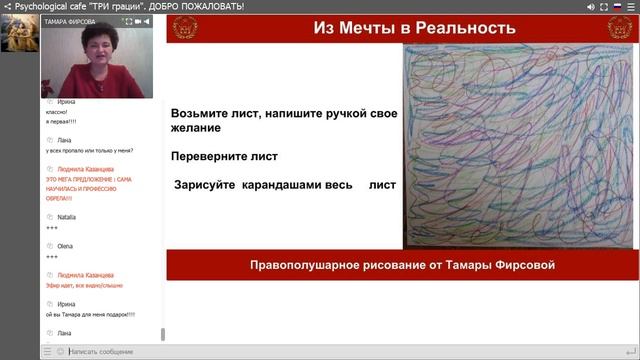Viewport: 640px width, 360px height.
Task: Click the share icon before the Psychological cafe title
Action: [7, 6]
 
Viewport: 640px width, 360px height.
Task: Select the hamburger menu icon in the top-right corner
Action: [631, 6]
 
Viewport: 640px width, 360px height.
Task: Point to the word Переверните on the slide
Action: [211, 157]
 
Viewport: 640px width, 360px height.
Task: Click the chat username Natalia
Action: [67, 217]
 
